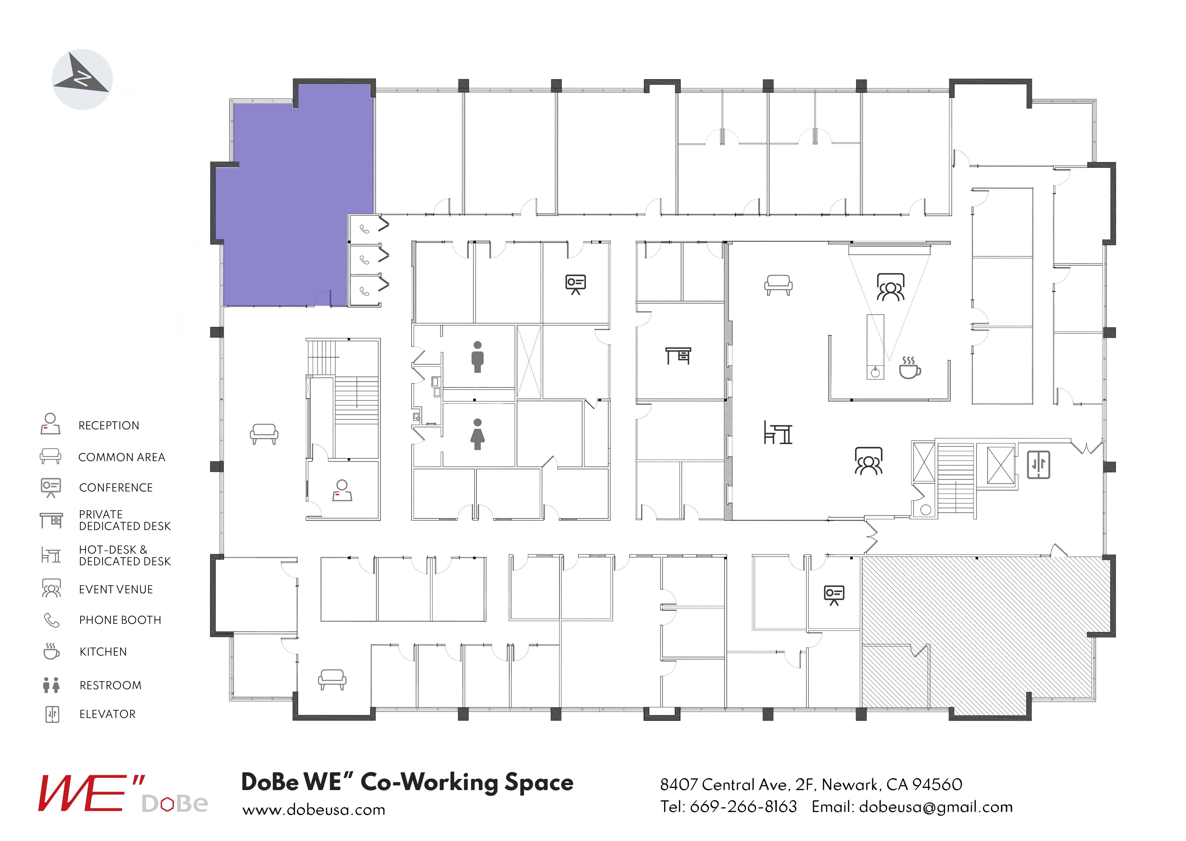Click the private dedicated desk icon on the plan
click(678, 356)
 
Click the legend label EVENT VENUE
click(116, 589)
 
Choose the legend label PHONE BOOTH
click(120, 620)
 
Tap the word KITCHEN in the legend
click(103, 651)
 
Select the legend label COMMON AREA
click(121, 457)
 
